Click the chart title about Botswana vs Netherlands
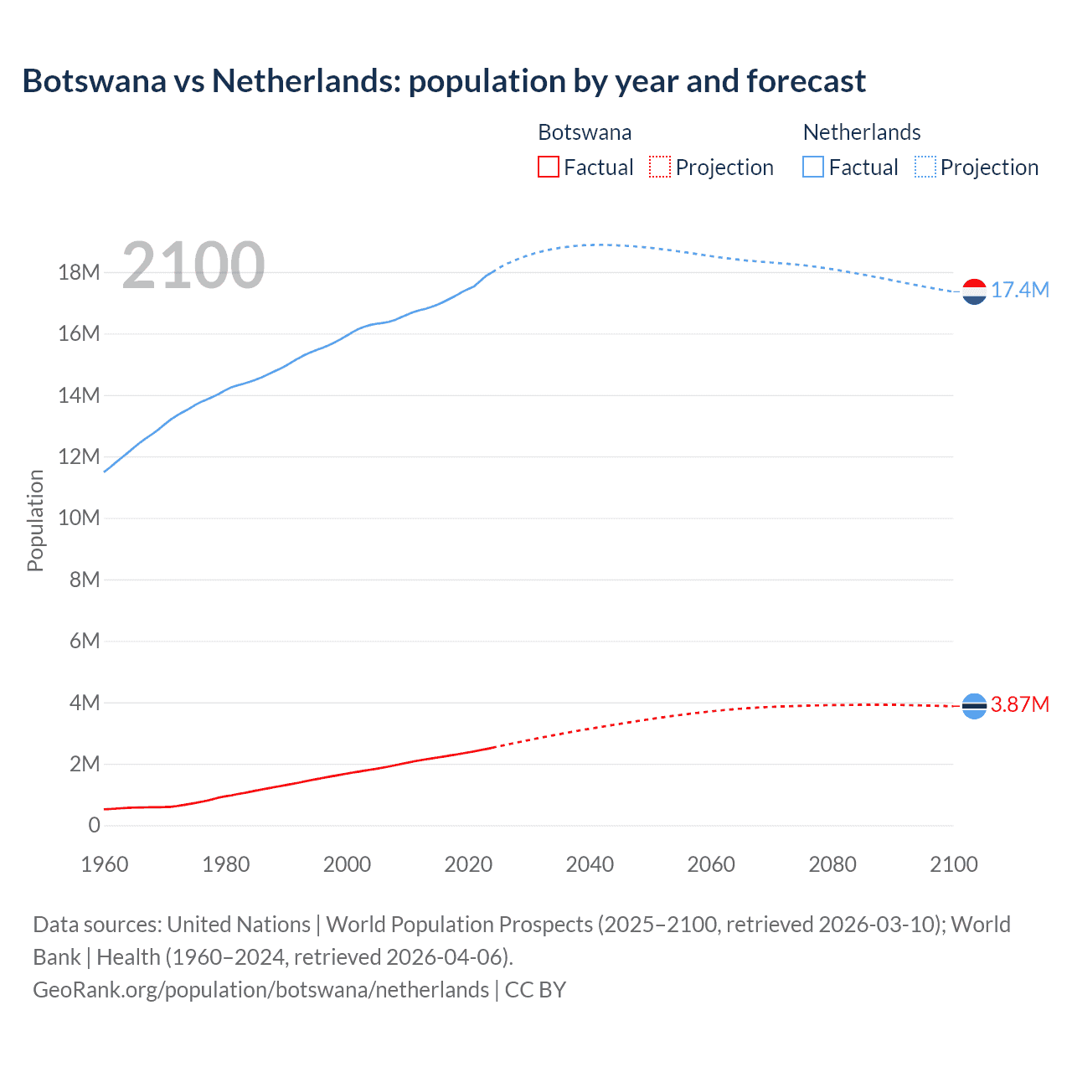click(444, 81)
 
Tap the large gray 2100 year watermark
click(193, 265)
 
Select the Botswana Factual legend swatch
click(548, 167)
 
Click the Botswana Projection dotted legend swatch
click(660, 167)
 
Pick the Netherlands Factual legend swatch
click(813, 167)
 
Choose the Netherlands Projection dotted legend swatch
click(925, 167)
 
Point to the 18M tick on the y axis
click(79, 273)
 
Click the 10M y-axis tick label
click(79, 518)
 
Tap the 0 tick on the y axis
click(94, 826)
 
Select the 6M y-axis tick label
click(84, 642)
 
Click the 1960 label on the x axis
click(105, 865)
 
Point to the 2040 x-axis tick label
click(590, 865)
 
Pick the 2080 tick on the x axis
click(832, 865)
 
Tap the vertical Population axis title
click(35, 520)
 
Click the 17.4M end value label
click(1019, 291)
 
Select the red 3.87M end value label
click(1019, 705)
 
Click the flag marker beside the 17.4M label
click(974, 291)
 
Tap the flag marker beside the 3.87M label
click(974, 707)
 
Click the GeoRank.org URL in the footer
click(260, 990)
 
